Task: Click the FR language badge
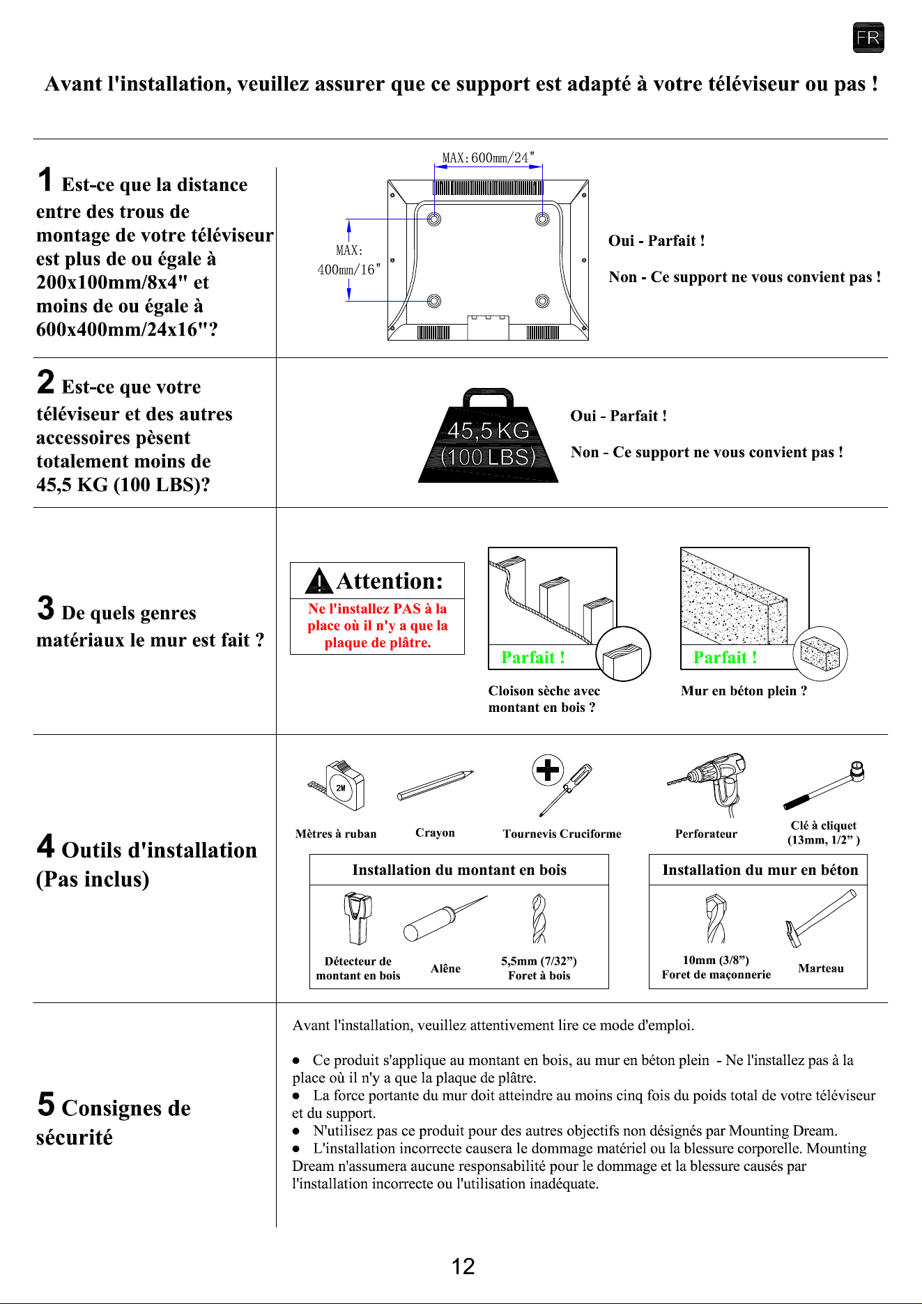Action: (x=868, y=38)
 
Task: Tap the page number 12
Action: (x=463, y=1266)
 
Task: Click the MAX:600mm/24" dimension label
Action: (x=488, y=158)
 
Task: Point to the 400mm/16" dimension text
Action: (x=349, y=270)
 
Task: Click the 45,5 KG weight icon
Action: (x=488, y=435)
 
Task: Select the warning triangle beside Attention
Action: (x=319, y=581)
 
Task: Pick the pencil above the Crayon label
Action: (x=436, y=786)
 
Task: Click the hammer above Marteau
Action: (x=821, y=918)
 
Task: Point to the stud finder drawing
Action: (x=358, y=918)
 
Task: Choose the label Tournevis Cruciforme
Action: (x=562, y=834)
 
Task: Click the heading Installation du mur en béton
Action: (x=760, y=870)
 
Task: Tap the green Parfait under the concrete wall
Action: (x=725, y=658)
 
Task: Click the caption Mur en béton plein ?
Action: (x=744, y=691)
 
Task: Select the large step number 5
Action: (x=46, y=1104)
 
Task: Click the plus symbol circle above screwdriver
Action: (x=548, y=770)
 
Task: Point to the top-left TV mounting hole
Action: (x=433, y=219)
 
